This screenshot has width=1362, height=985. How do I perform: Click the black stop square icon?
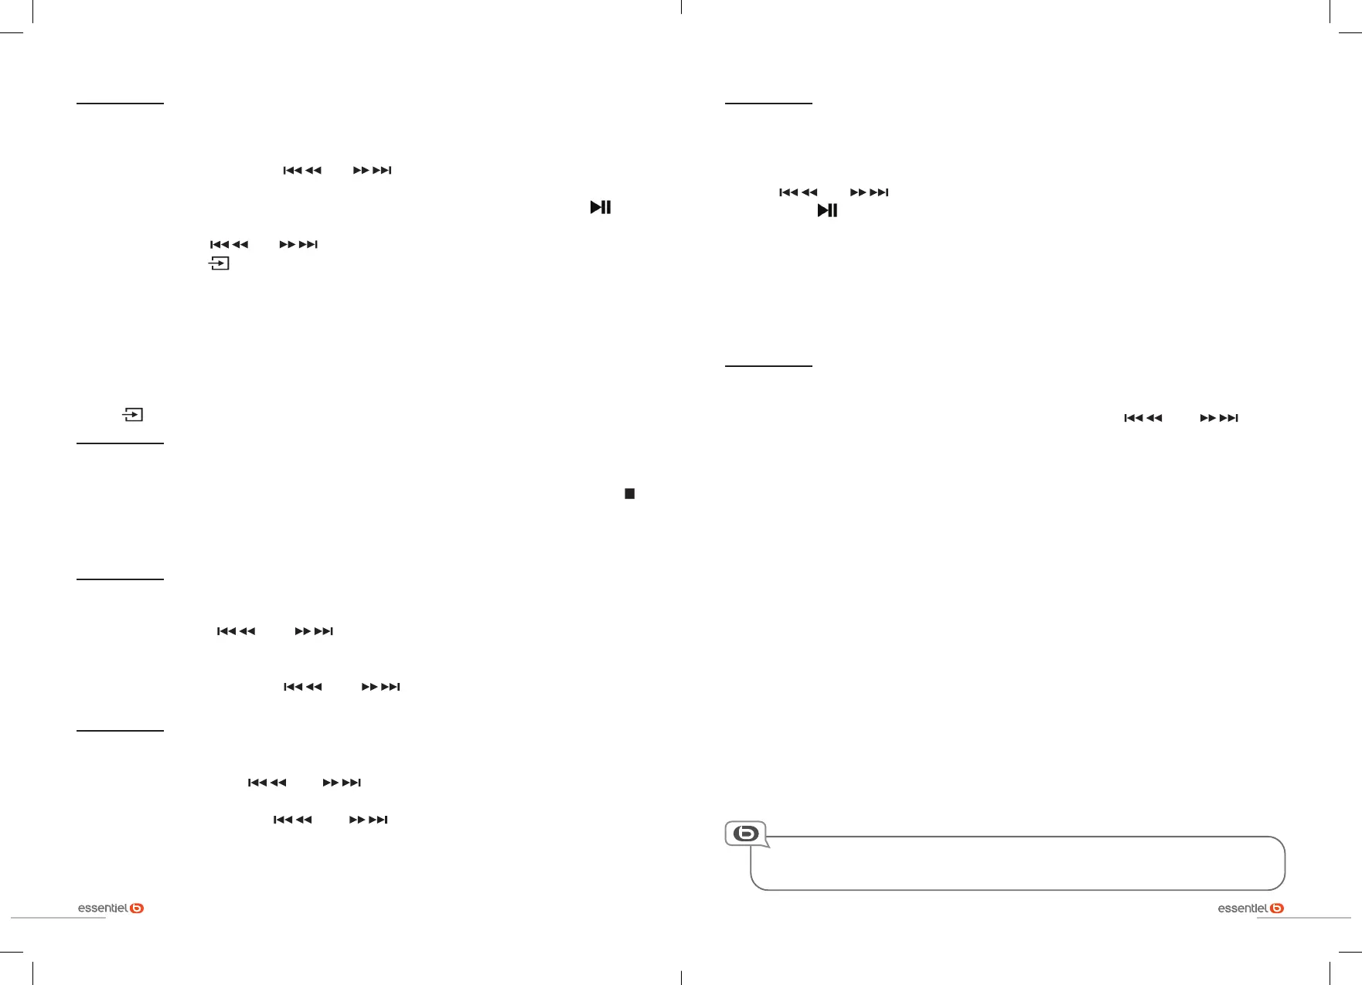click(x=630, y=494)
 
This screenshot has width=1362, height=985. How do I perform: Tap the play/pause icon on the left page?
click(x=601, y=207)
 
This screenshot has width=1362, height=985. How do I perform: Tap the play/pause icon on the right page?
click(x=827, y=210)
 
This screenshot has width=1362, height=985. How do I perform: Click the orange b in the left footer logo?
click(x=137, y=909)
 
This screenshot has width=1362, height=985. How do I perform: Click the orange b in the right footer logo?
click(x=1277, y=909)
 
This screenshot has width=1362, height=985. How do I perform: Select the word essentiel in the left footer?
click(x=103, y=909)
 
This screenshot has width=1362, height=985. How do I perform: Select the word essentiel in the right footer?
click(x=1242, y=909)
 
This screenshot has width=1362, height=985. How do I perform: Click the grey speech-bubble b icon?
click(x=746, y=834)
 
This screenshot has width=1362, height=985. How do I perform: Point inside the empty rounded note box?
click(x=1020, y=865)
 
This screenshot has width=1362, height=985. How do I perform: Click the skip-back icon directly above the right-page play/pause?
click(x=798, y=192)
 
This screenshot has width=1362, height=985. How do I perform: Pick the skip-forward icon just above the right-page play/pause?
click(x=870, y=192)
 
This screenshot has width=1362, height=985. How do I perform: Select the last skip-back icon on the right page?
click(x=1143, y=418)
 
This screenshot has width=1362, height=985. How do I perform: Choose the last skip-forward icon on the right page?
click(x=1219, y=418)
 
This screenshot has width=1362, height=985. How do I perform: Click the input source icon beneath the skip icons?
click(x=219, y=263)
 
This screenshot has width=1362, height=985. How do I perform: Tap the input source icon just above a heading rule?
click(x=133, y=415)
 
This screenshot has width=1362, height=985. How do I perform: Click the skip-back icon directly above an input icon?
click(x=230, y=245)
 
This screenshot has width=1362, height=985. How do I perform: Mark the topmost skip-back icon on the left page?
click(x=302, y=170)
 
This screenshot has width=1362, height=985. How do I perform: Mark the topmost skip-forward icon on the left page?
click(x=373, y=170)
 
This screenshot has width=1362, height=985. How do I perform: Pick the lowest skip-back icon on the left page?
click(x=293, y=820)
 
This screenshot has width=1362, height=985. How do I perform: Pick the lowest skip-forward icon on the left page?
click(x=369, y=820)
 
